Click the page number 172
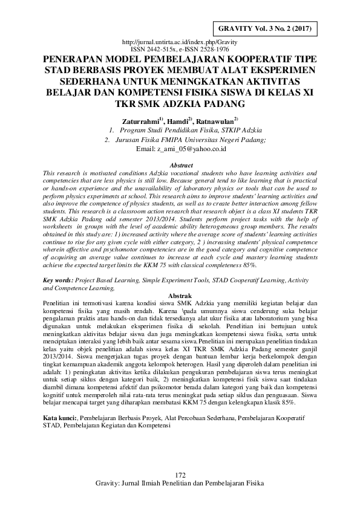click(x=179, y=490)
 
